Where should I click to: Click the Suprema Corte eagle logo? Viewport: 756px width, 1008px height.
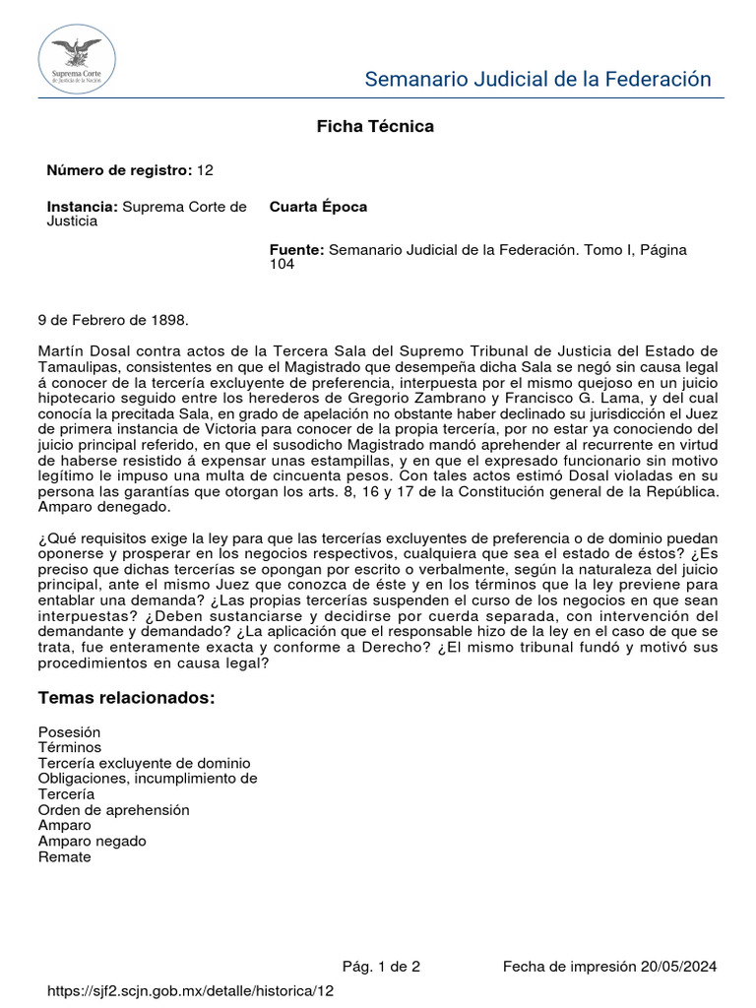tap(77, 60)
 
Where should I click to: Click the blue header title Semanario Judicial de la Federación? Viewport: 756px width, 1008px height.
tap(537, 79)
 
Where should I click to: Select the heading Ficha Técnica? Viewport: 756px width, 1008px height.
tap(374, 126)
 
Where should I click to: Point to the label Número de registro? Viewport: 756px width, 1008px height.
tap(119, 170)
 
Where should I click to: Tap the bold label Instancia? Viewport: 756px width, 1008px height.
tap(83, 207)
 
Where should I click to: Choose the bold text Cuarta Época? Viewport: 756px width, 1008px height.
tap(318, 207)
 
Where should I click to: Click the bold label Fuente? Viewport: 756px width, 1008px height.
tap(296, 250)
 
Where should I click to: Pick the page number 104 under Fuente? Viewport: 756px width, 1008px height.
tap(283, 265)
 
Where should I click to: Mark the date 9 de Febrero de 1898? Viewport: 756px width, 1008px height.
tap(112, 320)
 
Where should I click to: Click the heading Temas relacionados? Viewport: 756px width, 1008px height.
tap(126, 698)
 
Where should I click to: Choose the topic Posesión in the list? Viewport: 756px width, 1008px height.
tap(69, 732)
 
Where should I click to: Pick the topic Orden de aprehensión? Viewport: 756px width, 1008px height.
tap(113, 810)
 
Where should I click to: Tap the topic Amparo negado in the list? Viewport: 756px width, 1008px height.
tap(92, 842)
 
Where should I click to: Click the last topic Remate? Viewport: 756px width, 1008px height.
tap(64, 857)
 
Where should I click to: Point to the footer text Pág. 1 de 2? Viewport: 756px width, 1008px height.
tap(381, 967)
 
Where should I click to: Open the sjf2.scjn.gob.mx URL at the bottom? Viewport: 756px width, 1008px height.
tap(191, 991)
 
